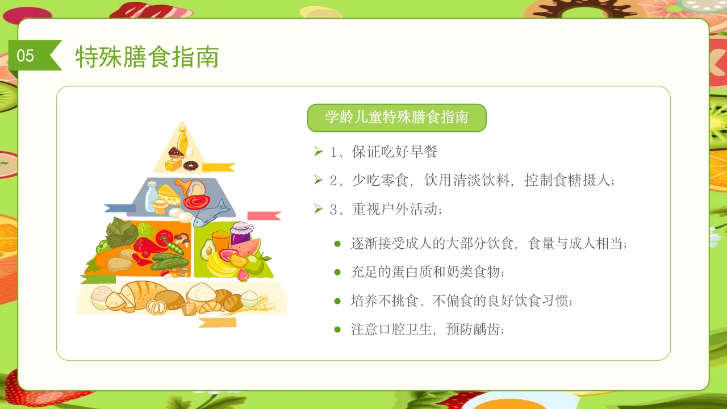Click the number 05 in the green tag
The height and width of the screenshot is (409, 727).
pyautogui.click(x=26, y=56)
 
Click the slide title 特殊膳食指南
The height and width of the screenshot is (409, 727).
pyautogui.click(x=147, y=57)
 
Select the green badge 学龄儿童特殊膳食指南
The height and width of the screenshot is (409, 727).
pyautogui.click(x=396, y=118)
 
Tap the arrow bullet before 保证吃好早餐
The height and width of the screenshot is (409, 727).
pyautogui.click(x=318, y=151)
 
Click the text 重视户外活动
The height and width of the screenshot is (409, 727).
pyautogui.click(x=392, y=209)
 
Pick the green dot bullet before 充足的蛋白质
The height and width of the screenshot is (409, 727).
pyautogui.click(x=337, y=272)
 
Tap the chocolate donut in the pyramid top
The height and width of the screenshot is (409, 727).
pyautogui.click(x=191, y=166)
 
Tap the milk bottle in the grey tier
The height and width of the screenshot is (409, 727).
pyautogui.click(x=152, y=195)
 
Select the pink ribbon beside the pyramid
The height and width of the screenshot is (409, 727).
pyautogui.click(x=264, y=216)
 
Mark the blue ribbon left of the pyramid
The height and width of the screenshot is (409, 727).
pyautogui.click(x=120, y=208)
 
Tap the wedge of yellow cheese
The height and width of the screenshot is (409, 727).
pyautogui.click(x=169, y=194)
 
